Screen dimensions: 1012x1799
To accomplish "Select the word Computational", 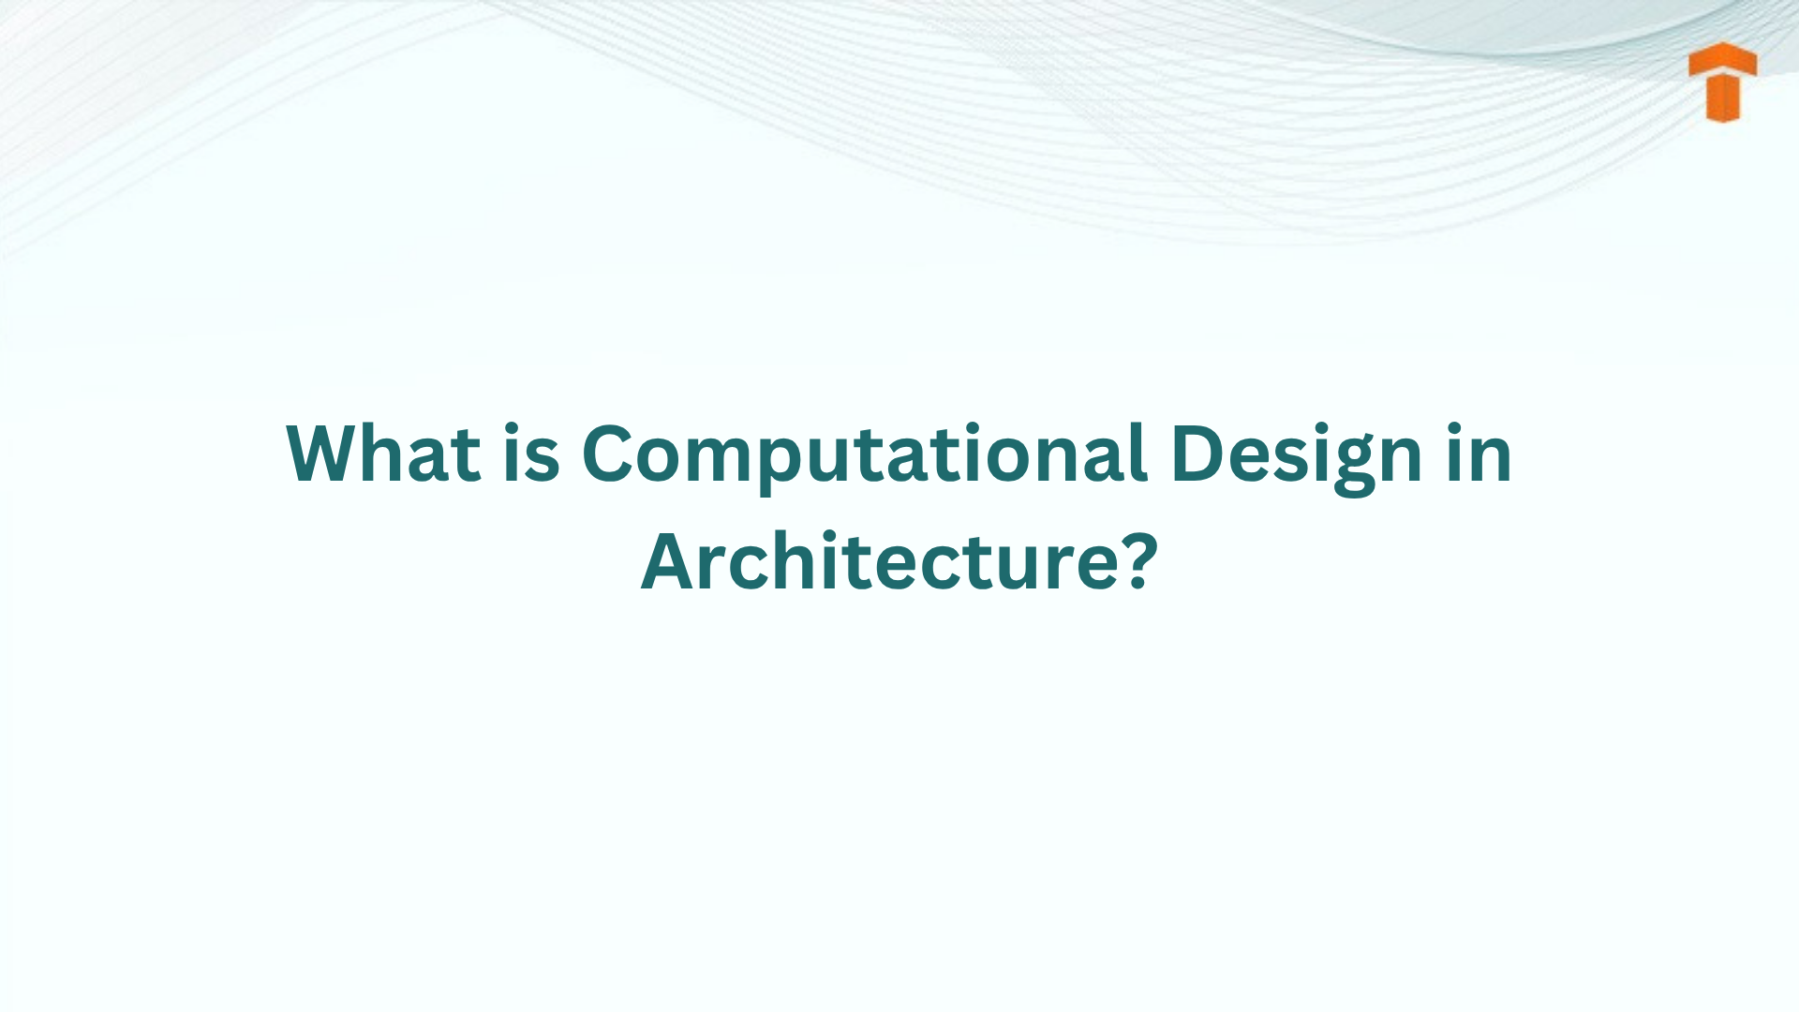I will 864,455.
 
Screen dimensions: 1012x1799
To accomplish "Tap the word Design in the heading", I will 1296,455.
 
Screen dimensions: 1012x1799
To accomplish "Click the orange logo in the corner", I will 1723,82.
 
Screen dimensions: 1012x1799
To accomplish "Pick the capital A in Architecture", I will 670,562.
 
